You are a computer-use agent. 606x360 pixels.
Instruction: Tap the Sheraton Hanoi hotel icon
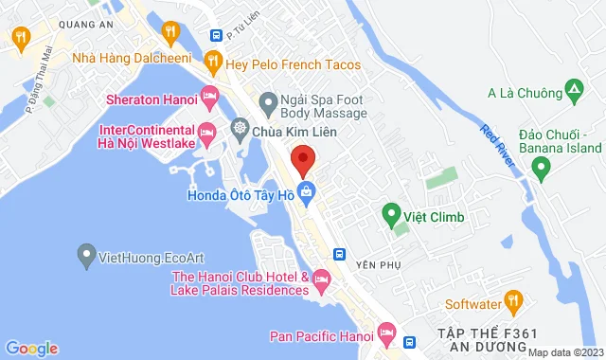pyautogui.click(x=209, y=98)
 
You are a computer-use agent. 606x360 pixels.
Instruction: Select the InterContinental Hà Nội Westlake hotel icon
pyautogui.click(x=209, y=132)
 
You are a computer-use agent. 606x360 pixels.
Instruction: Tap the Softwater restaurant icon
pyautogui.click(x=514, y=304)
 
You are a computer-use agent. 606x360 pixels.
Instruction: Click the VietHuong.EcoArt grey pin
pyautogui.click(x=87, y=255)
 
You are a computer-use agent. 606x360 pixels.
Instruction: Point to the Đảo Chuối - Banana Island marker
pyautogui.click(x=542, y=169)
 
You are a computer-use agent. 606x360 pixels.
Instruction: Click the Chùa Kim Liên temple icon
pyautogui.click(x=241, y=128)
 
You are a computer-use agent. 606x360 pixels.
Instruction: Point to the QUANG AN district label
pyautogui.click(x=55, y=28)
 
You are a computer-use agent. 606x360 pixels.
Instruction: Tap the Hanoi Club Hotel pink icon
pyautogui.click(x=321, y=279)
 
